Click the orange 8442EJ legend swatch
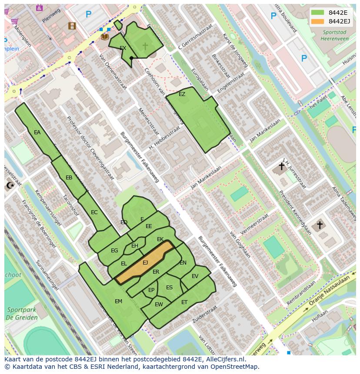pyautogui.click(x=318, y=21)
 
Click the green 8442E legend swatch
pyautogui.click(x=318, y=13)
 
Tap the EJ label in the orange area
pyautogui.click(x=145, y=263)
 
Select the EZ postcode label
pyautogui.click(x=182, y=94)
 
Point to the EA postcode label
pyautogui.click(x=37, y=132)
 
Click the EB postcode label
pyautogui.click(x=69, y=178)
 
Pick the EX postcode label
pyautogui.click(x=123, y=48)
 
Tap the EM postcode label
pyautogui.click(x=118, y=301)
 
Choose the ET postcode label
pyautogui.click(x=184, y=302)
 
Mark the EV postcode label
pyautogui.click(x=195, y=276)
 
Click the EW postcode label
pyautogui.click(x=159, y=304)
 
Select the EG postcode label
pyautogui.click(x=114, y=251)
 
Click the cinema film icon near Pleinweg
pyautogui.click(x=72, y=26)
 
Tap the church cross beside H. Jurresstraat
pyautogui.click(x=281, y=166)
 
